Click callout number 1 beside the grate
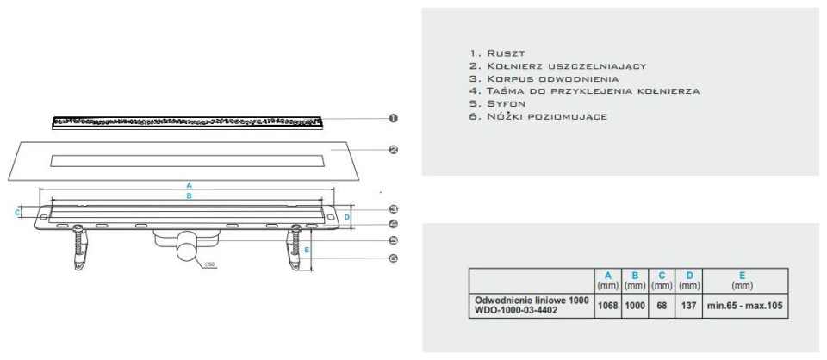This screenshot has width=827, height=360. coord(393,118)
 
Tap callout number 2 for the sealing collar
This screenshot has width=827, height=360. coord(393,150)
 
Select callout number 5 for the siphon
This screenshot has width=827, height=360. coord(393,240)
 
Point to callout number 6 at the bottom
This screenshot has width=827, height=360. coord(393,258)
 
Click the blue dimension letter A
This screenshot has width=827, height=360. coord(189,185)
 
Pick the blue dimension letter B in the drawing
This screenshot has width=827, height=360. coord(189,196)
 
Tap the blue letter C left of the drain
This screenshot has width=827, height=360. coord(17,213)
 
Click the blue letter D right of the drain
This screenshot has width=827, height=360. coord(346,217)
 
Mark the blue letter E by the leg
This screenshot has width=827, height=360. coord(307,250)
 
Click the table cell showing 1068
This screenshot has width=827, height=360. coord(608,306)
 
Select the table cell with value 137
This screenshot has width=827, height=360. coord(689,306)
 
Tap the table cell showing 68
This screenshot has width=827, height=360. coord(662,306)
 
